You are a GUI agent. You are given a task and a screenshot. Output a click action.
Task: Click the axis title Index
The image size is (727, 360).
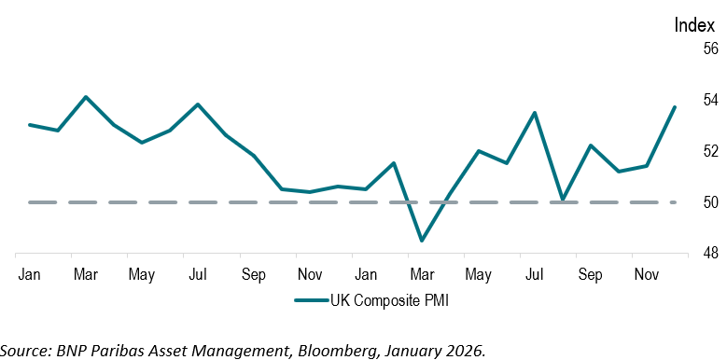694,25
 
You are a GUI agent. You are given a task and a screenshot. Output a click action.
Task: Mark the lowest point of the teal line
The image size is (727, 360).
422,241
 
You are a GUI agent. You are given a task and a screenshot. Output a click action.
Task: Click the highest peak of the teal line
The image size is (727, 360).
86,97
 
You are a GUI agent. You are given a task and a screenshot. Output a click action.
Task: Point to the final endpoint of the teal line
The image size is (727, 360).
675,107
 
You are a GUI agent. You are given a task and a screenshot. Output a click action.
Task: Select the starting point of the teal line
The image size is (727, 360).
30,125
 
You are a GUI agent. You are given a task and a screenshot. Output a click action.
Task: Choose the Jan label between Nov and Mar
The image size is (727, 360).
366,275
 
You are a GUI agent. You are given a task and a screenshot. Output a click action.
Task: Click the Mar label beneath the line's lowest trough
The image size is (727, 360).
423,275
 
